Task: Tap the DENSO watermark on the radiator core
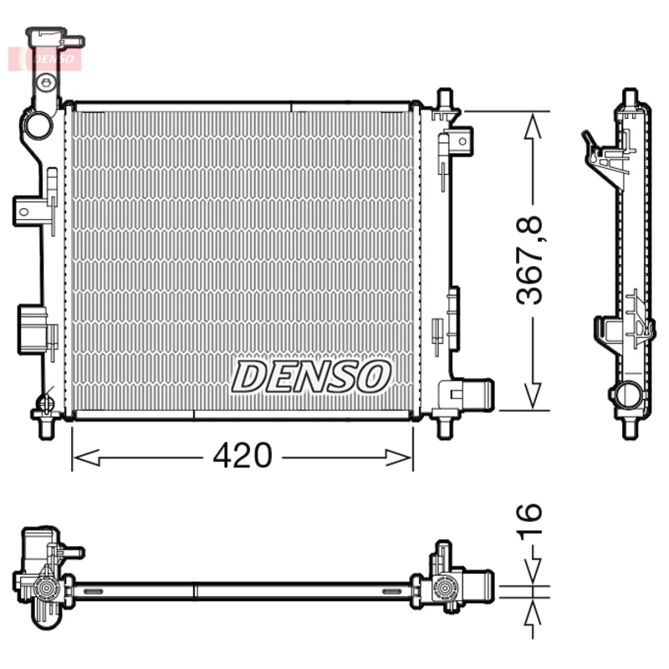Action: pos(311,376)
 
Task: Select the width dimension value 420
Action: pos(242,456)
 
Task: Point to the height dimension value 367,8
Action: pos(529,260)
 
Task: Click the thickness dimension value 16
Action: pos(529,523)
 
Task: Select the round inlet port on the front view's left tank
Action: pos(38,126)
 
